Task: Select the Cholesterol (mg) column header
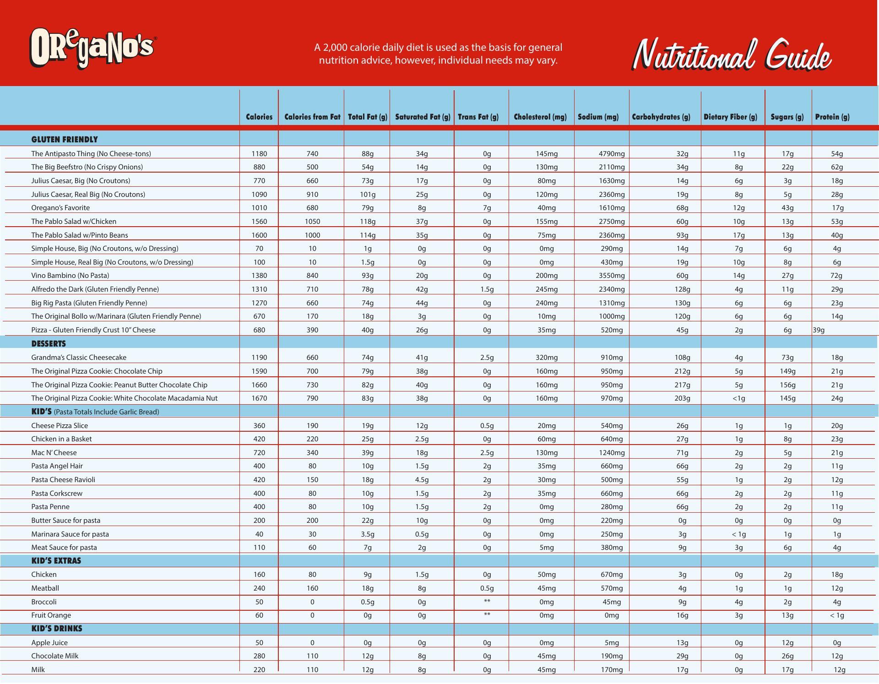click(x=540, y=117)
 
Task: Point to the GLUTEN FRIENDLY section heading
click(x=65, y=140)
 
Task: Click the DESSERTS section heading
click(x=49, y=344)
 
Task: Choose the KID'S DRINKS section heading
click(x=57, y=629)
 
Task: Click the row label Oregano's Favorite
click(x=60, y=208)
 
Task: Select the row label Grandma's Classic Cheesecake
click(x=79, y=358)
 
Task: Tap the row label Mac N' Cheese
click(x=54, y=453)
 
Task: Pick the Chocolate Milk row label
click(x=55, y=656)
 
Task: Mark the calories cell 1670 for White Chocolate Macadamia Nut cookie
click(x=259, y=398)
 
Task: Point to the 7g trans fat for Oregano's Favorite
click(x=487, y=208)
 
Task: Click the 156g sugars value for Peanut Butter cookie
click(x=787, y=385)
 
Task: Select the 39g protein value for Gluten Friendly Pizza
click(x=819, y=330)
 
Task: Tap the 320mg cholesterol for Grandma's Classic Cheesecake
click(x=547, y=358)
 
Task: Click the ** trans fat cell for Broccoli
click(x=487, y=602)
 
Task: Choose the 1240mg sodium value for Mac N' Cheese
click(x=612, y=453)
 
